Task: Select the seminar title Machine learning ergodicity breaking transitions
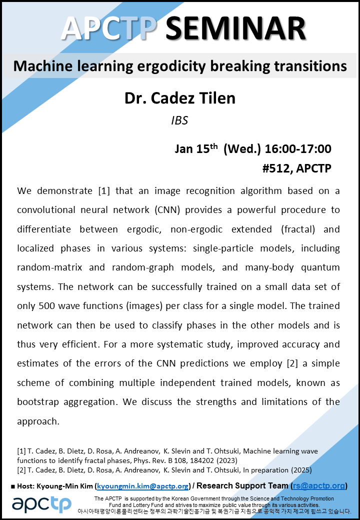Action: click(180, 66)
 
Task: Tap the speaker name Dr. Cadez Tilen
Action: click(180, 98)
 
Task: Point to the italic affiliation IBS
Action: click(179, 120)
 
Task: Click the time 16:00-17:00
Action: click(298, 149)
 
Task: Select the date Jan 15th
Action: click(196, 148)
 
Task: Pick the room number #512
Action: click(277, 168)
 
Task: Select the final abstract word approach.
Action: click(38, 421)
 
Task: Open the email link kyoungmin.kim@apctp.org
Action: click(143, 486)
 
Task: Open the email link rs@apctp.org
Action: click(319, 486)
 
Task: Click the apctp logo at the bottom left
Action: click(42, 504)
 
